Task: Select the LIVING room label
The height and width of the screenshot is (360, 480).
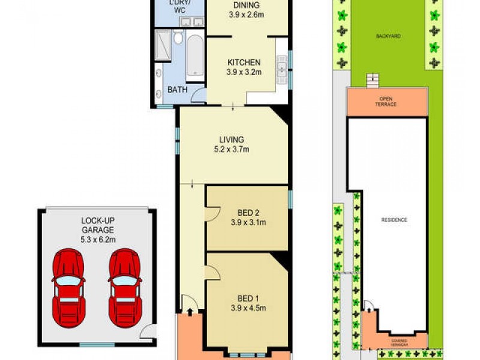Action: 231,140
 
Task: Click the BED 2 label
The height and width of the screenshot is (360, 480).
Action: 247,211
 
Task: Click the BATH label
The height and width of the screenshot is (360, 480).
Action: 177,90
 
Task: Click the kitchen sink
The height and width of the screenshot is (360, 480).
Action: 281,69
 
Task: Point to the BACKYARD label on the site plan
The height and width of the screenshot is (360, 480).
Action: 389,37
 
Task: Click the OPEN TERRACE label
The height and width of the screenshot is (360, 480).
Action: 387,101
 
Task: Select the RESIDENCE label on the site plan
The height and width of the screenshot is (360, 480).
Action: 394,220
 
